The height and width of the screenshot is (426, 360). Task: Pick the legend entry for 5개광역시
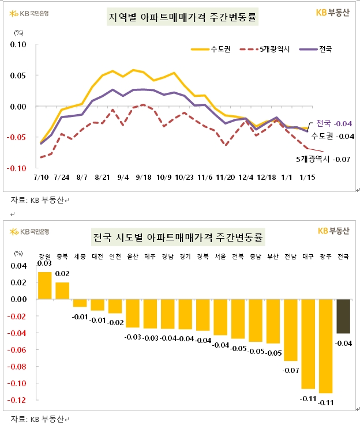pos(266,49)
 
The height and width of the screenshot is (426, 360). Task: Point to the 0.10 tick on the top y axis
pos(18,44)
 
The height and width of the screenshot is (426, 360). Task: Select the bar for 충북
pos(62,291)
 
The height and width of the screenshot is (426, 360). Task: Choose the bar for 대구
pos(309,344)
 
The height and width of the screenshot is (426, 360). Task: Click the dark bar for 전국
pos(343,316)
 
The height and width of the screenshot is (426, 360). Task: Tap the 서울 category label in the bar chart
pos(220,257)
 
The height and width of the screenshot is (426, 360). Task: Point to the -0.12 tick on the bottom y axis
pos(17,400)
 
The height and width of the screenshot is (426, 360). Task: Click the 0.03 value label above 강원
pos(45,263)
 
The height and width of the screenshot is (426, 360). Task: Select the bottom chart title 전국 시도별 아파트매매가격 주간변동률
pos(178,237)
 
